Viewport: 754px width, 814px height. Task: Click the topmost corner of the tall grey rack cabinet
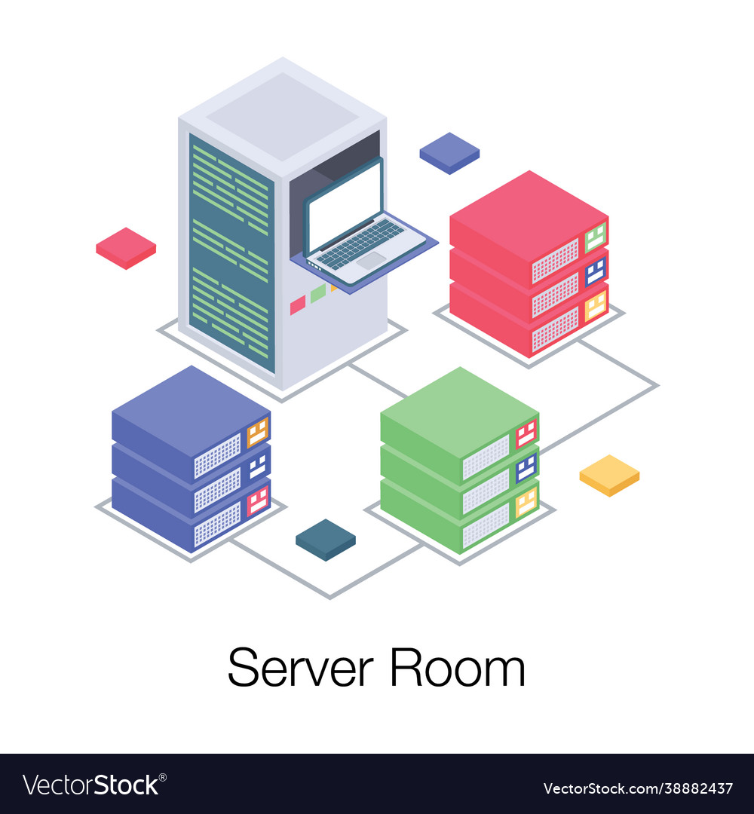click(283, 57)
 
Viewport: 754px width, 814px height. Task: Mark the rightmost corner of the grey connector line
click(658, 386)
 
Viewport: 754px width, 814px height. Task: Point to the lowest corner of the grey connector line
click(329, 598)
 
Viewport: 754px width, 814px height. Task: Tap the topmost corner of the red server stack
click(529, 171)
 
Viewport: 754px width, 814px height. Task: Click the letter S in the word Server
click(243, 668)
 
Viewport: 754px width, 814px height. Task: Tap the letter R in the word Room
click(406, 668)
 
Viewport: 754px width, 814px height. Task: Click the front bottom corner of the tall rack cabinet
click(283, 390)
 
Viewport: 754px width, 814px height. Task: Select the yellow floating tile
click(609, 476)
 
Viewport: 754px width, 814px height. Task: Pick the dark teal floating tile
click(326, 540)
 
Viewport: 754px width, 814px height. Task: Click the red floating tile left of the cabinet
click(126, 248)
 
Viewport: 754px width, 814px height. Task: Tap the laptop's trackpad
click(371, 260)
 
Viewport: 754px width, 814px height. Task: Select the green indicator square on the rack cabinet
click(317, 294)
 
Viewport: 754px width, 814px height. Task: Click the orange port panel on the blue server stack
click(258, 432)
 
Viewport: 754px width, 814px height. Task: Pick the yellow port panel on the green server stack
click(526, 502)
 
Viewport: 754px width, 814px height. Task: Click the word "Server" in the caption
click(301, 668)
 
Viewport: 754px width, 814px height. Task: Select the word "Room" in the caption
click(458, 668)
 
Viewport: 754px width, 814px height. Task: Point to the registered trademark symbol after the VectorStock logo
click(163, 778)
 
